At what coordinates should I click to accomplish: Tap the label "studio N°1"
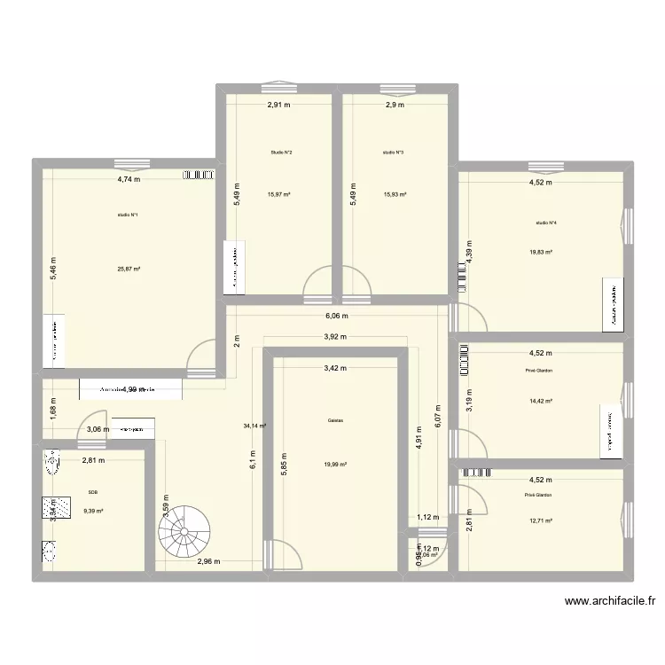coord(128,215)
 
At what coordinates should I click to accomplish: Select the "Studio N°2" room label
coord(282,153)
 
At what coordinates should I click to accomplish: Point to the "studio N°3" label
coord(394,153)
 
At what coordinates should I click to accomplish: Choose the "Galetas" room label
coord(336,421)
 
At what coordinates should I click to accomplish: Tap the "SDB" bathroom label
coord(93,491)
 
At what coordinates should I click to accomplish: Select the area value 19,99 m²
coord(336,464)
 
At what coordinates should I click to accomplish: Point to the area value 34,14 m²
coord(255,426)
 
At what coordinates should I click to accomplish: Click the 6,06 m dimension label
coord(337,316)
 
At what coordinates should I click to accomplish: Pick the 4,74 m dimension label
coord(129,179)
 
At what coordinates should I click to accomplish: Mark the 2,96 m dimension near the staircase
coord(209,561)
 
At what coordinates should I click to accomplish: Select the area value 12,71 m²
coord(539,521)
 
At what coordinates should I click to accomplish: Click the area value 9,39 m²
coord(93,511)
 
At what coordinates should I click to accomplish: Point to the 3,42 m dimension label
coord(336,368)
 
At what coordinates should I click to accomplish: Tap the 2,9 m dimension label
coord(394,106)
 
